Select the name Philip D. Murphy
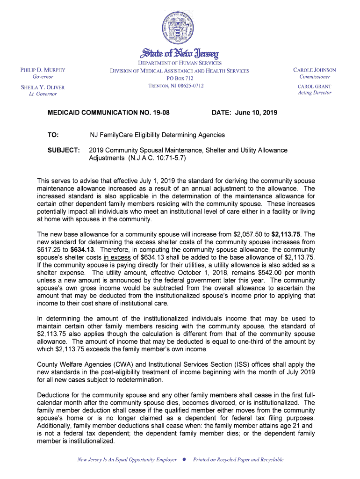(x=43, y=70)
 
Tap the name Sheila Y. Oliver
(x=43, y=87)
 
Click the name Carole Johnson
(x=314, y=70)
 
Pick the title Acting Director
(x=314, y=93)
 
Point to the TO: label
(x=53, y=135)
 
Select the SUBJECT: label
(x=64, y=150)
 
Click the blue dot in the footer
(x=185, y=460)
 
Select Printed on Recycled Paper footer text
(x=238, y=460)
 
